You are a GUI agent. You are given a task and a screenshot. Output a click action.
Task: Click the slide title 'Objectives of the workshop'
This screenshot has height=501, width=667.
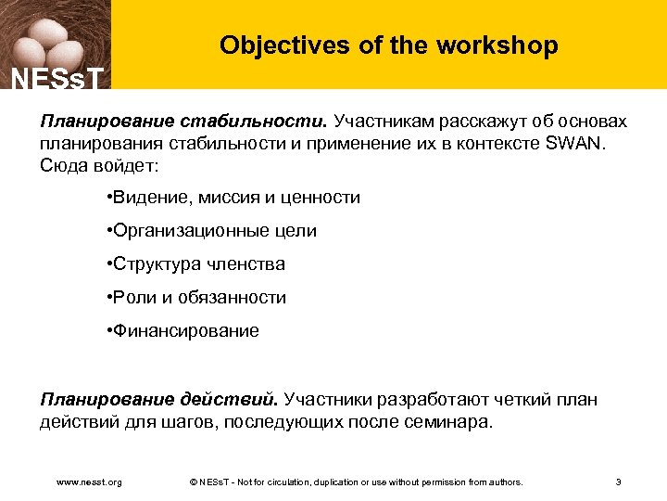coord(389,45)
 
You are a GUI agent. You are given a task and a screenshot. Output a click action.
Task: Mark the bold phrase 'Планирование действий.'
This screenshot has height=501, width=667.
coord(158,400)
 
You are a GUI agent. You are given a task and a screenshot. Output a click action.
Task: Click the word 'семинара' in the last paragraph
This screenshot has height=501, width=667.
coord(455,422)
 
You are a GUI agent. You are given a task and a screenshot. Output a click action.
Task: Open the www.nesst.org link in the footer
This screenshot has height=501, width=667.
coord(89,482)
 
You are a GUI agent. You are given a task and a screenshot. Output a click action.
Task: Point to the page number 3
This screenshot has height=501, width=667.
coord(618,482)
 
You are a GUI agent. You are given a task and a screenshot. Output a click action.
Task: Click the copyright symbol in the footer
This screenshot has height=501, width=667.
coord(192,482)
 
